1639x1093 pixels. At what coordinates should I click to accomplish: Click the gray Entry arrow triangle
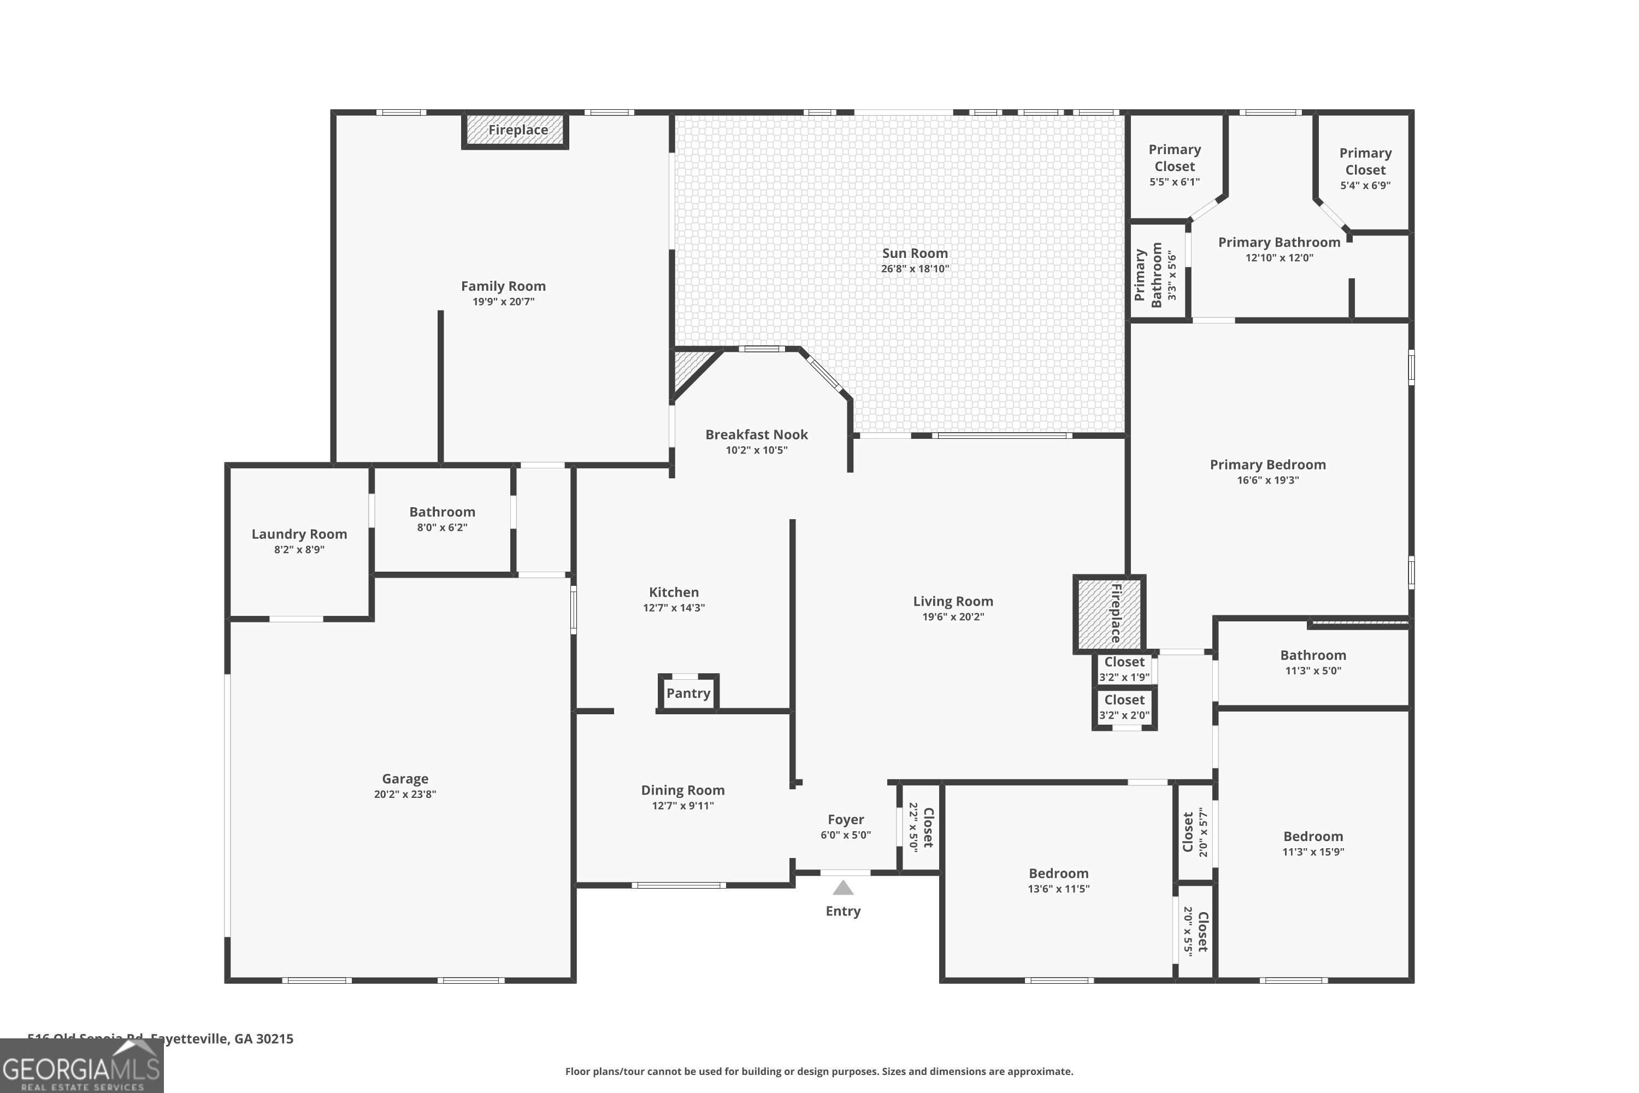pos(842,888)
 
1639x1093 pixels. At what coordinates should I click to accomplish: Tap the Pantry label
pos(688,693)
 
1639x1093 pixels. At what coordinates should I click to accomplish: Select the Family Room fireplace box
pos(516,131)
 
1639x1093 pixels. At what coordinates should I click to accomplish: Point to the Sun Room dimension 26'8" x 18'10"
pos(914,269)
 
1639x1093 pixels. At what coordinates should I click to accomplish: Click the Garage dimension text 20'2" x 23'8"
pos(404,794)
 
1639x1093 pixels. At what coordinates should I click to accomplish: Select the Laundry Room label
pos(299,534)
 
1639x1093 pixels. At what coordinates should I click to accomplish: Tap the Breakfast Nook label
pos(756,434)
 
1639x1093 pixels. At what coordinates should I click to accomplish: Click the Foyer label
pos(845,820)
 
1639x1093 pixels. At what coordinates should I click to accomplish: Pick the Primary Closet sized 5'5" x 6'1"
pos(1174,165)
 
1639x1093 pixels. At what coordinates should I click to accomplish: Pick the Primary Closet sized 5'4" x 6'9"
pos(1364,169)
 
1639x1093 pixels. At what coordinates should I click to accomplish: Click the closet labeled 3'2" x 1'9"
pos(1123,668)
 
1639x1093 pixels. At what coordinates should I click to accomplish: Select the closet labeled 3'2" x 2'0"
pos(1123,707)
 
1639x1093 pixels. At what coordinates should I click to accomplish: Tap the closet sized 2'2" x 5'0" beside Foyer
pos(920,827)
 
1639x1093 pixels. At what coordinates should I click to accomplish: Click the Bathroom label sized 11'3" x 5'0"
pos(1313,655)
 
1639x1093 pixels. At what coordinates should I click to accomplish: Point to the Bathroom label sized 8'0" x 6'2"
pos(442,512)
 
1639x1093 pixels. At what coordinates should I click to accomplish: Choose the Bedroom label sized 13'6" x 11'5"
pos(1058,873)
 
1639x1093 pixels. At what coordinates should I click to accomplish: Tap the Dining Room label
pos(682,790)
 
